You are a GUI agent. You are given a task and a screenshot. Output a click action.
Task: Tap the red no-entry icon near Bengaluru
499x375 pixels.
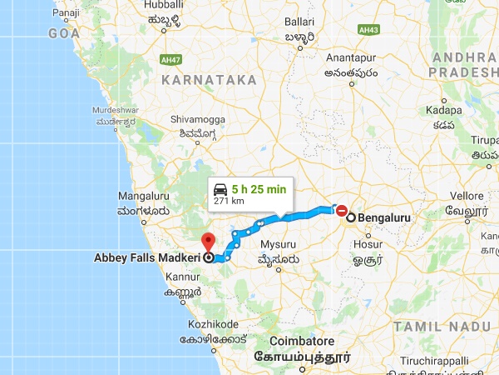pyautogui.click(x=341, y=210)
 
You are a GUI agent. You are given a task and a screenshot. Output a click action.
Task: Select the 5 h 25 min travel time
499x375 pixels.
pyautogui.click(x=259, y=189)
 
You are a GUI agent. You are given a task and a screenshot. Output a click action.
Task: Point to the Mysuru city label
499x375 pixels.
pyautogui.click(x=278, y=244)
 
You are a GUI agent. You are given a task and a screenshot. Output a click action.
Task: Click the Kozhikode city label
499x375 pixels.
pyautogui.click(x=211, y=323)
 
